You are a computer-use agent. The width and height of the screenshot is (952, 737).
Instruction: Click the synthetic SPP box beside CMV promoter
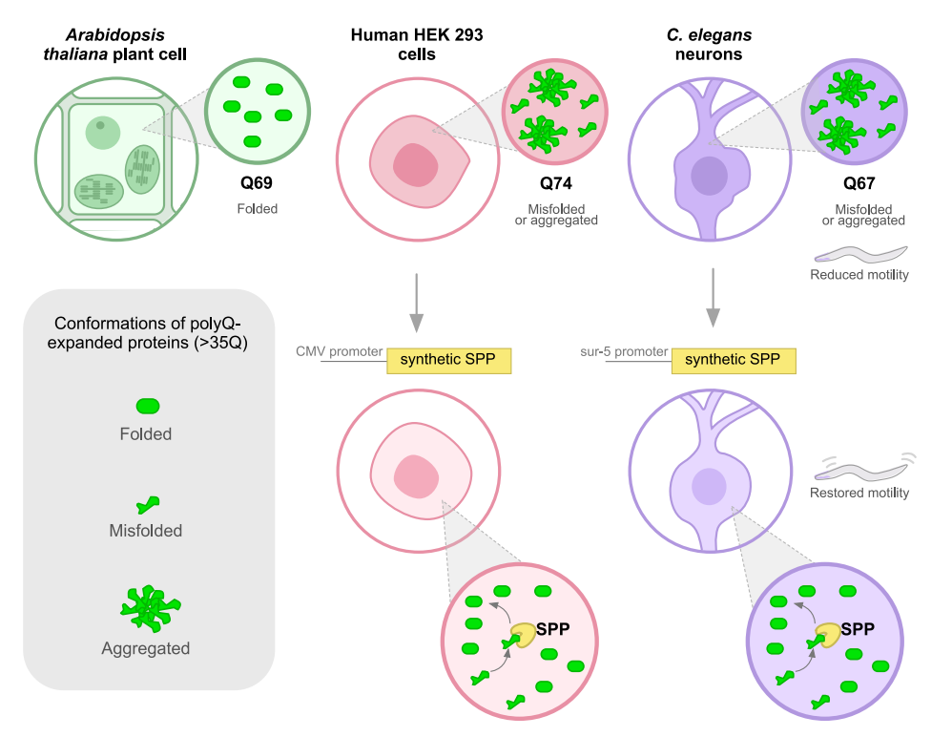(448, 360)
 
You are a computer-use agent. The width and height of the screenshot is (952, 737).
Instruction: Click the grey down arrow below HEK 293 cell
(415, 301)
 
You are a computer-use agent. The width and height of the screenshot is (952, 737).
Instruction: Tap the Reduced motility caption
(859, 275)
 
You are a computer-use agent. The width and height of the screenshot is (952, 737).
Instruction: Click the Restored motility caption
(859, 494)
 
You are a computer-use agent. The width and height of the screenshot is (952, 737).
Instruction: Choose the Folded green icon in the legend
(146, 406)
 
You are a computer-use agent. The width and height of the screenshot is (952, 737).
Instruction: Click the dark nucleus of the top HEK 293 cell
(414, 165)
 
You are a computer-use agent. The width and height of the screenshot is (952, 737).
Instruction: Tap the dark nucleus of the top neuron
(709, 176)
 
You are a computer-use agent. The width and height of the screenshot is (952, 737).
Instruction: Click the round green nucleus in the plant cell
(100, 132)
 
